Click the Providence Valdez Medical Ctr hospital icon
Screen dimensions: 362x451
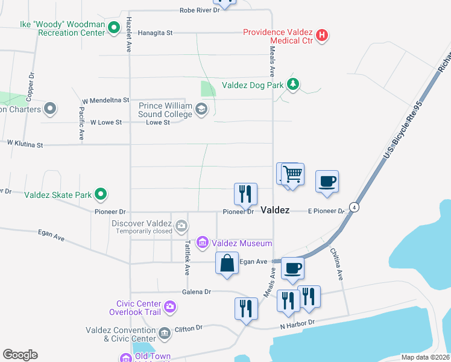pos(322,35)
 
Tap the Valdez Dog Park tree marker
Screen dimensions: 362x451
pos(293,84)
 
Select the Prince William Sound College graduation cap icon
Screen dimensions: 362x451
pos(201,110)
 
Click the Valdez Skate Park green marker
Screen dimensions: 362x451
pos(101,194)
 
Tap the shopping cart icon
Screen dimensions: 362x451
pos(292,174)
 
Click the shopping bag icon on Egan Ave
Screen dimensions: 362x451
pos(227,264)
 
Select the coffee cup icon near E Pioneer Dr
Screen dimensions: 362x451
pos(327,182)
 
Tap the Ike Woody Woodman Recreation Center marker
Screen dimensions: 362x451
pos(113,28)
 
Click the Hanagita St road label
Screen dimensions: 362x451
pos(156,33)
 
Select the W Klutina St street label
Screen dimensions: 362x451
pos(25,144)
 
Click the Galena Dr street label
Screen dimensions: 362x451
pos(199,291)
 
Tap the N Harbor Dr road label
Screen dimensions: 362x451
pos(297,324)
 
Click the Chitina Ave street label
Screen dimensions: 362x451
pos(336,266)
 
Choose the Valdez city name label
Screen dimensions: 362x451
pos(275,210)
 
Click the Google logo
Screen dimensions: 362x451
pos(20,354)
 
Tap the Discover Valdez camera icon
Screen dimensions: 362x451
pos(181,227)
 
